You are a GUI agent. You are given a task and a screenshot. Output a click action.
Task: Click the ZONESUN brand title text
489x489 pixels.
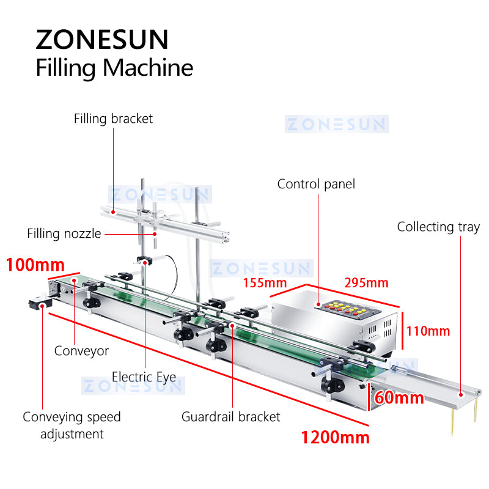(x=101, y=40)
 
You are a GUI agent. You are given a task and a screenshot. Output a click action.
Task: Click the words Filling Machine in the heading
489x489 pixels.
(x=114, y=68)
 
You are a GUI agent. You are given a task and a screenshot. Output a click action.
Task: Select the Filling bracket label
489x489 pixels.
(x=114, y=119)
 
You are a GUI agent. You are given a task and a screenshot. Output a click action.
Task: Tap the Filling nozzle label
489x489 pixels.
(x=64, y=233)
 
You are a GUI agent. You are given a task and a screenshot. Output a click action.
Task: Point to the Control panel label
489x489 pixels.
(x=316, y=184)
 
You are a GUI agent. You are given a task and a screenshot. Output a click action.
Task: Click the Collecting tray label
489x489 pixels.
(x=438, y=227)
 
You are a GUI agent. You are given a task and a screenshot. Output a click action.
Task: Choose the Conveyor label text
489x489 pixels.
(x=81, y=351)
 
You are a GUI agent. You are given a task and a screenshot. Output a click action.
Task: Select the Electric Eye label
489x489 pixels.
(x=144, y=376)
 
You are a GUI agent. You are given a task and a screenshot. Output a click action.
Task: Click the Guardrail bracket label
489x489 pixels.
(x=231, y=417)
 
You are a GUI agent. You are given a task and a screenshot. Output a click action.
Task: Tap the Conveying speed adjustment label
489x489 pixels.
(x=72, y=425)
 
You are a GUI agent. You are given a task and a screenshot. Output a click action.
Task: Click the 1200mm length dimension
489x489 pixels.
(x=335, y=437)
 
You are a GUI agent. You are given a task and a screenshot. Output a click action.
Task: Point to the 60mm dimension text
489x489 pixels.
(x=400, y=398)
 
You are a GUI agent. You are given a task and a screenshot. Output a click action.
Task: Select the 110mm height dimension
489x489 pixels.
(x=430, y=331)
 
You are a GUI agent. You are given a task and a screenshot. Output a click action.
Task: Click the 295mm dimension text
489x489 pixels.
(x=366, y=283)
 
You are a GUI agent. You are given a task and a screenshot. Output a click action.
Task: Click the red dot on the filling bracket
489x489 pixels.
(x=114, y=210)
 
